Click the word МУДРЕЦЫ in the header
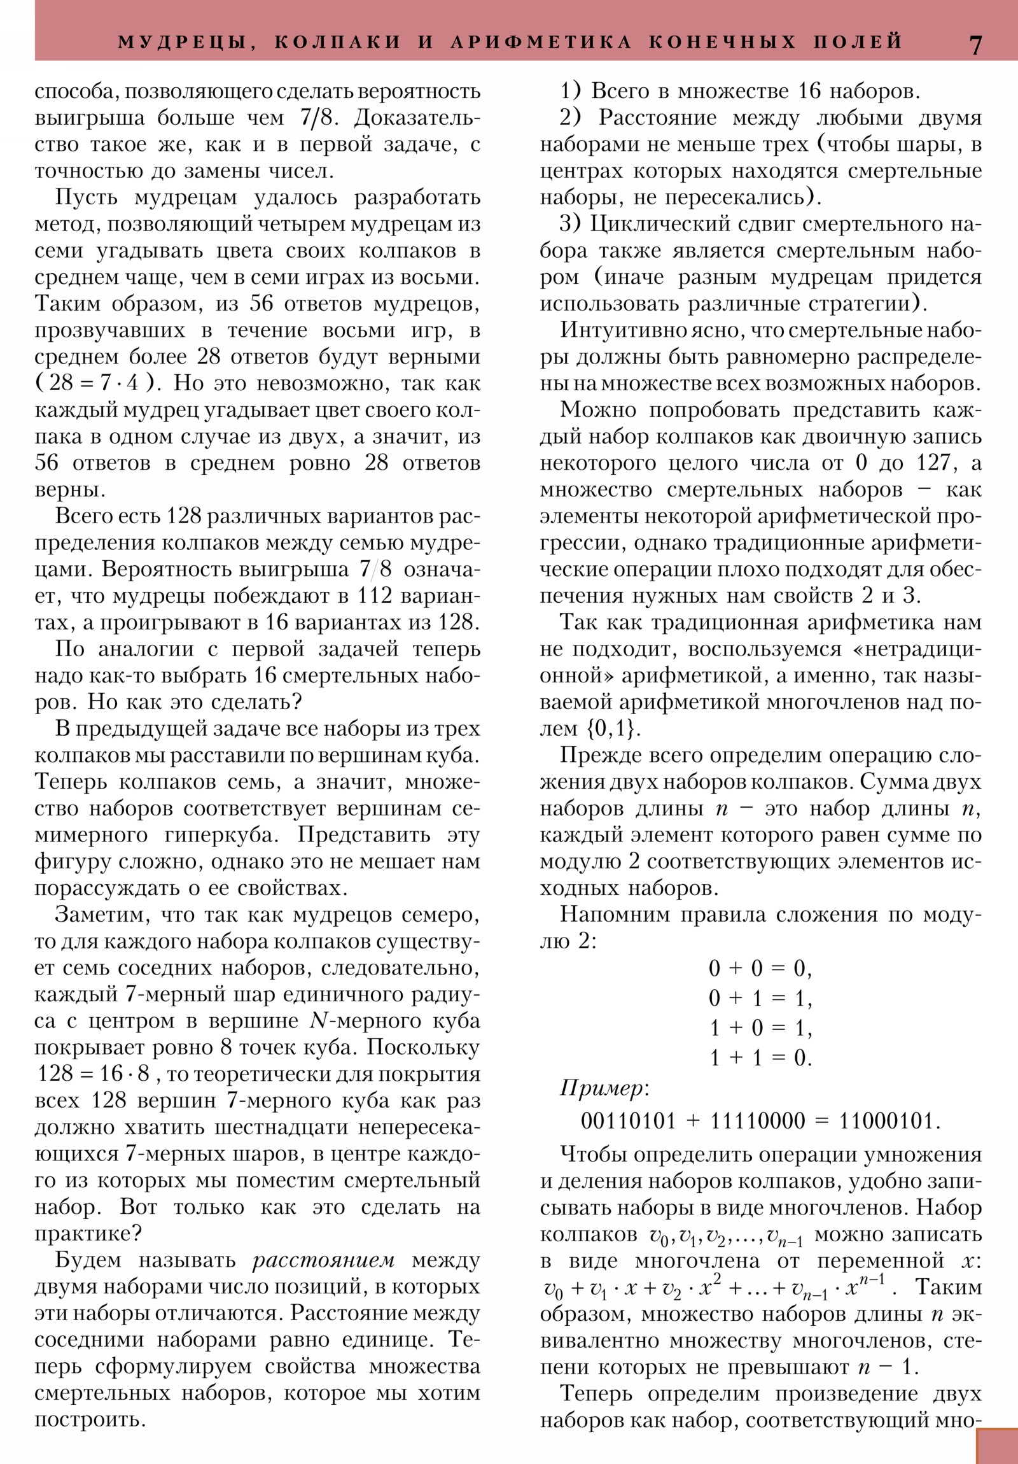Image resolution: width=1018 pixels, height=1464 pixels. (x=183, y=43)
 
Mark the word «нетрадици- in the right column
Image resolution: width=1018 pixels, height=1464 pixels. (x=914, y=649)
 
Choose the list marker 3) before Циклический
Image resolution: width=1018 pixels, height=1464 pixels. (x=570, y=225)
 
